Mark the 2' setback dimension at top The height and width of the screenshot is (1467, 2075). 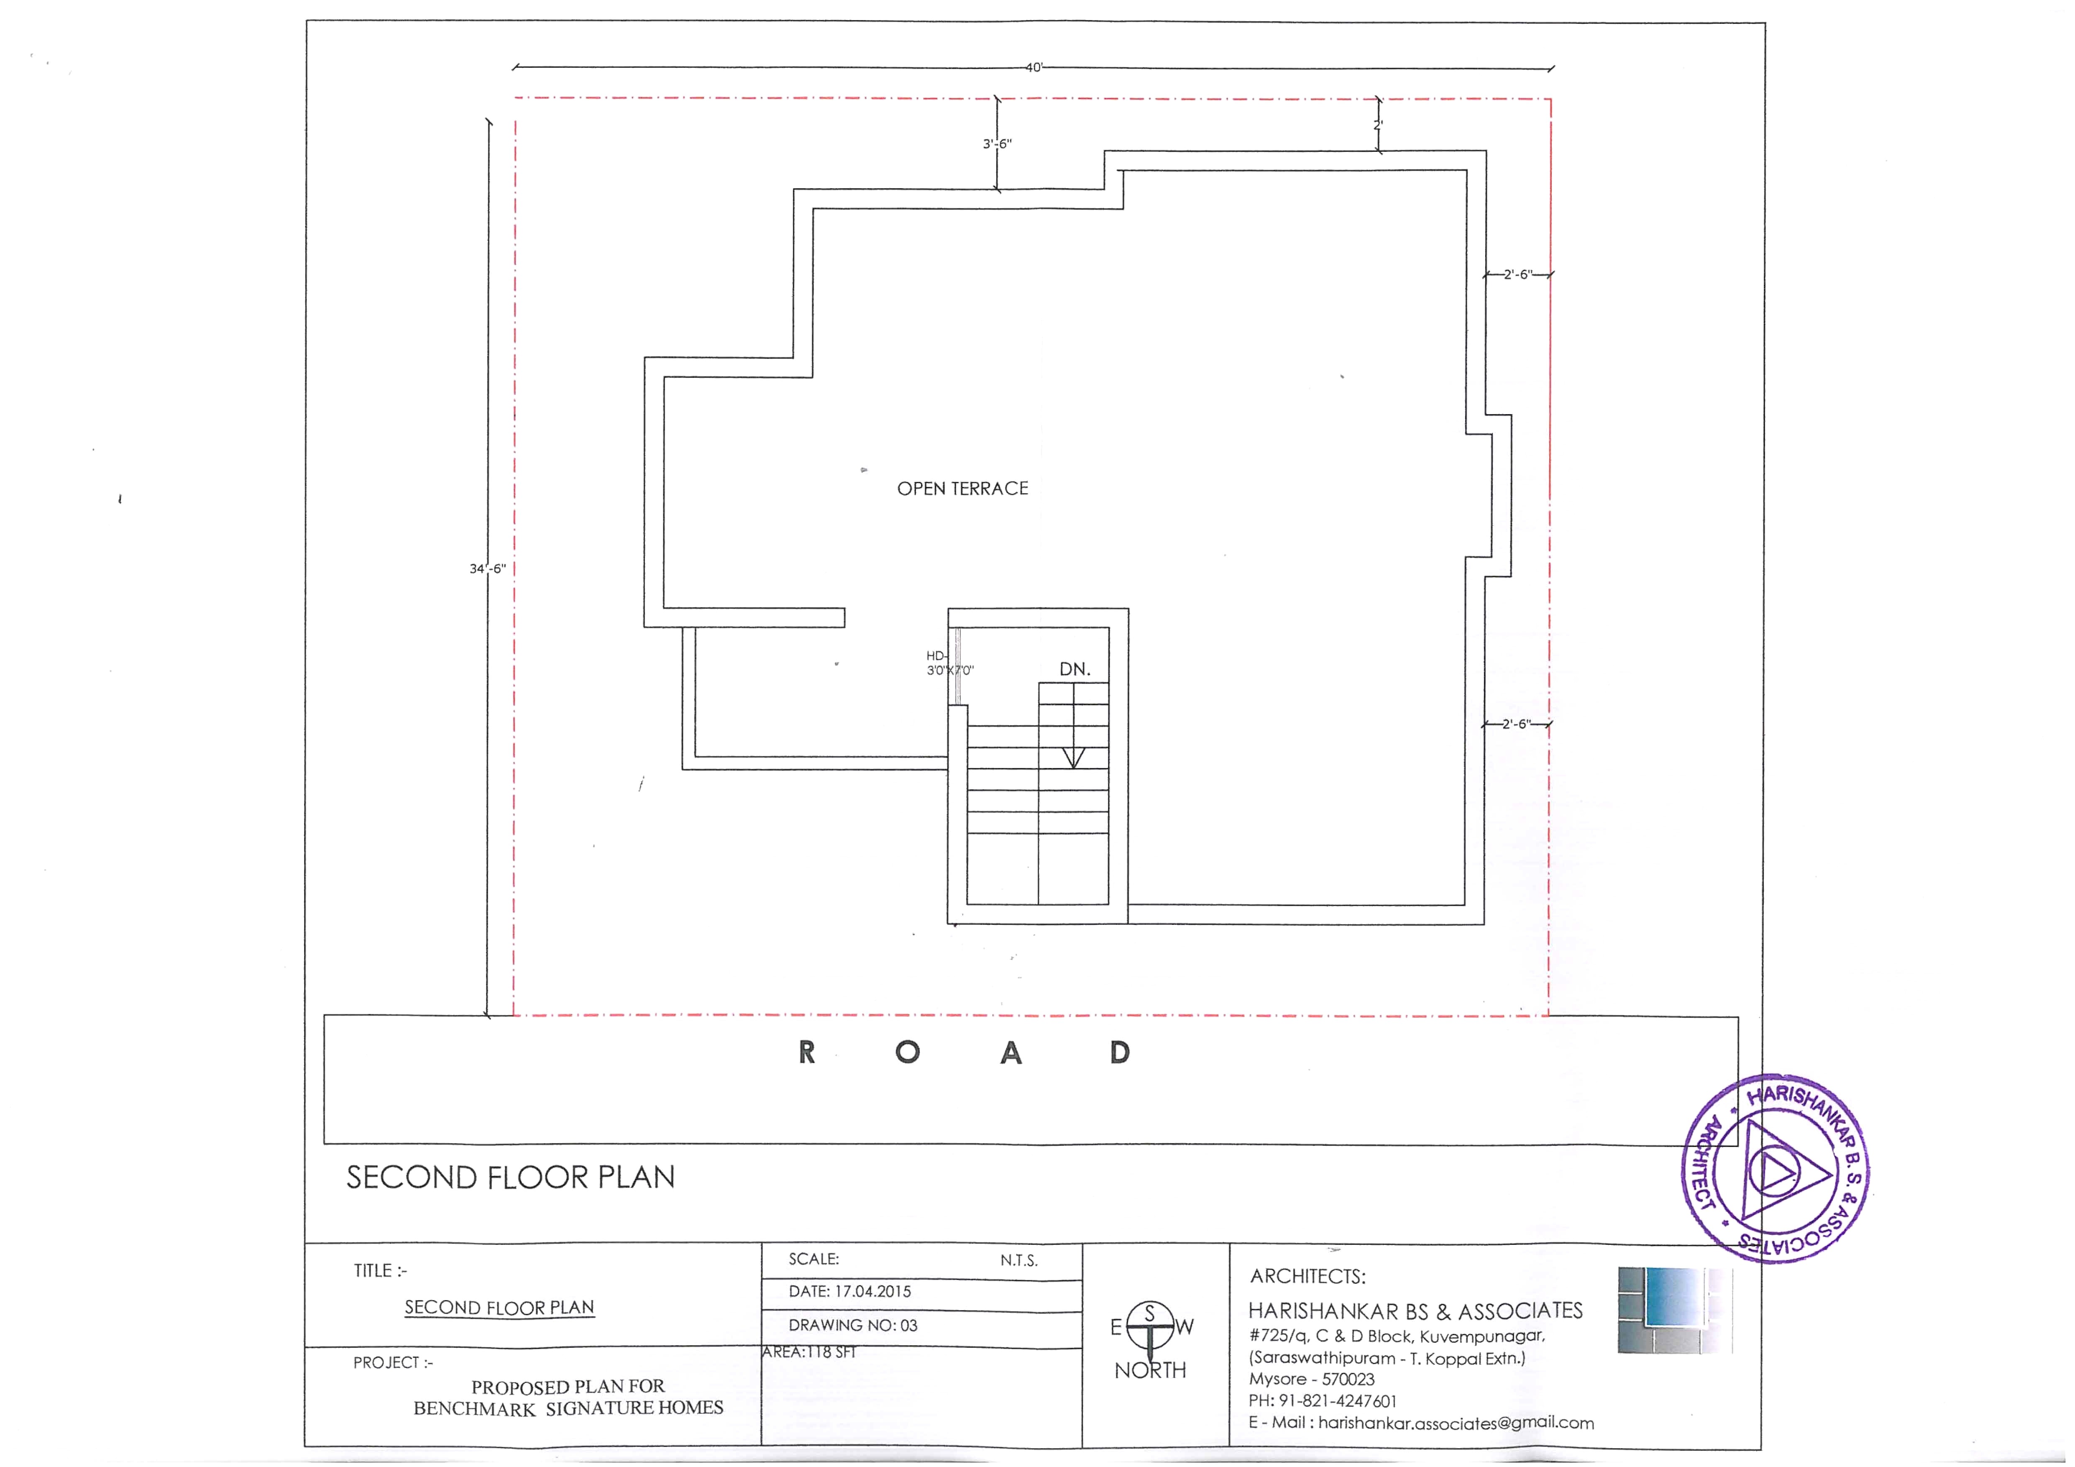click(1378, 125)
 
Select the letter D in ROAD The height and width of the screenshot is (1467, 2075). click(1120, 1052)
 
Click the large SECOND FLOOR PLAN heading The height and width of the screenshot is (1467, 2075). click(511, 1177)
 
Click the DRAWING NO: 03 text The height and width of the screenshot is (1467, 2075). click(852, 1325)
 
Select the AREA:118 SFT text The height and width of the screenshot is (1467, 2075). click(809, 1352)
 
